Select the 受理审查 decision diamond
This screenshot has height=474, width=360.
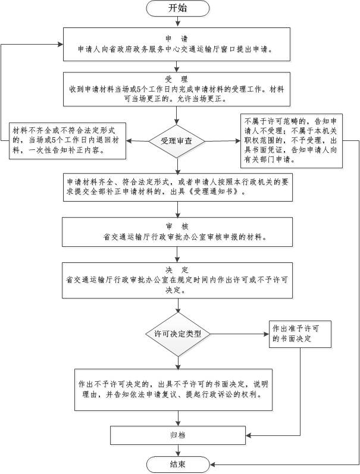tap(177, 141)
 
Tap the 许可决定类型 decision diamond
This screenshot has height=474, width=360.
tap(177, 334)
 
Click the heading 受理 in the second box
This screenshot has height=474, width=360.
tap(177, 79)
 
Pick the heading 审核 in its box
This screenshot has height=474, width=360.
tap(177, 225)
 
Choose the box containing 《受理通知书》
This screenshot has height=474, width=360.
tap(179, 187)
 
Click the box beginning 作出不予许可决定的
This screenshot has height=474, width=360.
tap(177, 389)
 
